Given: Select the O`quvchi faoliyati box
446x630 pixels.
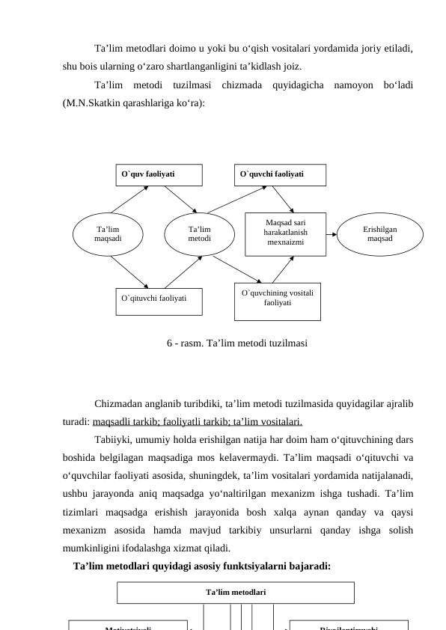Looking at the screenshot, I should coord(281,174).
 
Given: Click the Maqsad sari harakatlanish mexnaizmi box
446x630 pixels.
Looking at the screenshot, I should coord(285,233).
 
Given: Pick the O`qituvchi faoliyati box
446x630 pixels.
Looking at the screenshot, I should coord(159,298).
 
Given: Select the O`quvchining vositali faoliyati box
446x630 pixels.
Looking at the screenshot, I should coord(277,299).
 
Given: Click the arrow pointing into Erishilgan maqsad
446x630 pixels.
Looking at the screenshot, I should coord(333,233).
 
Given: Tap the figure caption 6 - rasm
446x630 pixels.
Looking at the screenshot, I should coord(236,343).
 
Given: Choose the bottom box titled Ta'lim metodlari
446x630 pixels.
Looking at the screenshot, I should coord(236,592).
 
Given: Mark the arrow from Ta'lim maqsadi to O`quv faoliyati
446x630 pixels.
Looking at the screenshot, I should coord(129,199).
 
